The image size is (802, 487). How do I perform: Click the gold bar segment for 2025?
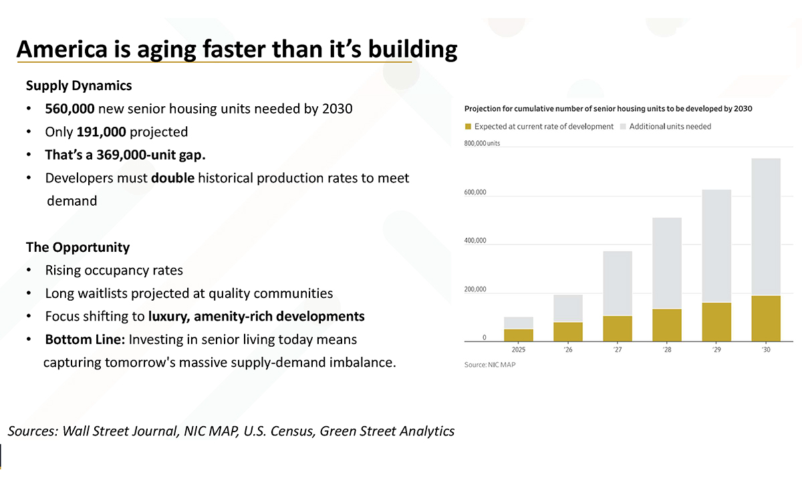[x=519, y=335]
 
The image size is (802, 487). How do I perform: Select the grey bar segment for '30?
[x=766, y=227]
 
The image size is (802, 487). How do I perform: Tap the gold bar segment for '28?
[x=667, y=325]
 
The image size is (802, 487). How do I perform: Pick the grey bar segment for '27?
[x=618, y=283]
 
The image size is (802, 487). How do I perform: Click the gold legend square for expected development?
[x=468, y=126]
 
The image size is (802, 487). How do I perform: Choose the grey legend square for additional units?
[x=623, y=126]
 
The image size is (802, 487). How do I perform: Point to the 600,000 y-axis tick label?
[x=475, y=192]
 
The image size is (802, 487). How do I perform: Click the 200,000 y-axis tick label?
[x=475, y=289]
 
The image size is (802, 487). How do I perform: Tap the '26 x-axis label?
[x=568, y=349]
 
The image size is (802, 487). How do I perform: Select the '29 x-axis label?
[x=716, y=349]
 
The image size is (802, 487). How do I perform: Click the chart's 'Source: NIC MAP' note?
[x=490, y=365]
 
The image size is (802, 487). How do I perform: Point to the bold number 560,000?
[x=70, y=109]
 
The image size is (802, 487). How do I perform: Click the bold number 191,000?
[x=102, y=132]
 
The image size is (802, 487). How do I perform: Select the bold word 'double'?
[x=173, y=178]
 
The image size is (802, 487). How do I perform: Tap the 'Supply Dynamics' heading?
[x=79, y=86]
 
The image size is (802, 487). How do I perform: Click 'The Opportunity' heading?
[x=78, y=247]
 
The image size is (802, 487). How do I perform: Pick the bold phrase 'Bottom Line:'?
[x=86, y=339]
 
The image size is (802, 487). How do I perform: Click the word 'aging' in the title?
[x=166, y=49]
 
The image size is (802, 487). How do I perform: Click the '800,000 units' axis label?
[x=482, y=143]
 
